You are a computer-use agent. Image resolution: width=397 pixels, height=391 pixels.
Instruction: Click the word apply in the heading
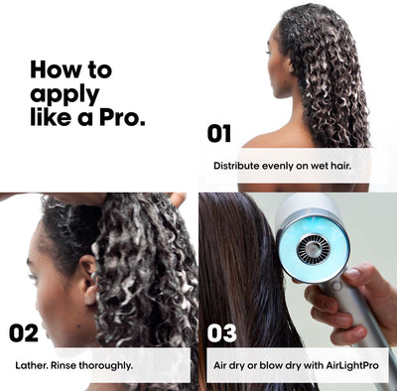[x=63, y=95]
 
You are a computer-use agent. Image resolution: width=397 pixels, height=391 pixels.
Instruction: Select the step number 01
[x=218, y=133]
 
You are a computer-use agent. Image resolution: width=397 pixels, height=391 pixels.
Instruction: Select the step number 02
[x=24, y=332]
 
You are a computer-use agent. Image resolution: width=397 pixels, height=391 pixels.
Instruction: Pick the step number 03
[x=222, y=332]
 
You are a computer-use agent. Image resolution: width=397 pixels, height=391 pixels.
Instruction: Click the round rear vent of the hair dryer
[x=313, y=248]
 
